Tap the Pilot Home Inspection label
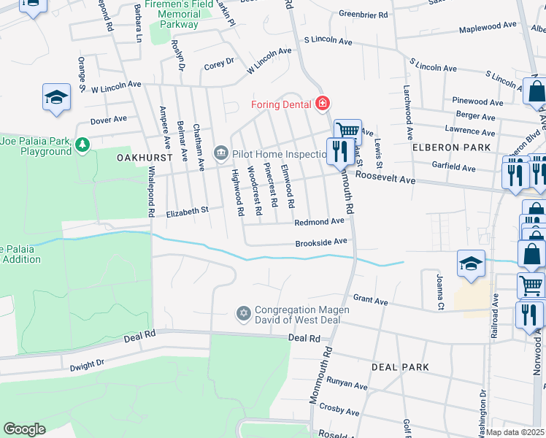pyautogui.click(x=277, y=154)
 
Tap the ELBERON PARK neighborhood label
pyautogui.click(x=445, y=147)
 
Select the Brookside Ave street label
pyautogui.click(x=320, y=242)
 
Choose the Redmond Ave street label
pyautogui.click(x=319, y=221)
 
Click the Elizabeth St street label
pyautogui.click(x=188, y=211)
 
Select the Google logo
pyautogui.click(x=24, y=429)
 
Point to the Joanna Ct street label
pyautogui.click(x=440, y=291)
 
